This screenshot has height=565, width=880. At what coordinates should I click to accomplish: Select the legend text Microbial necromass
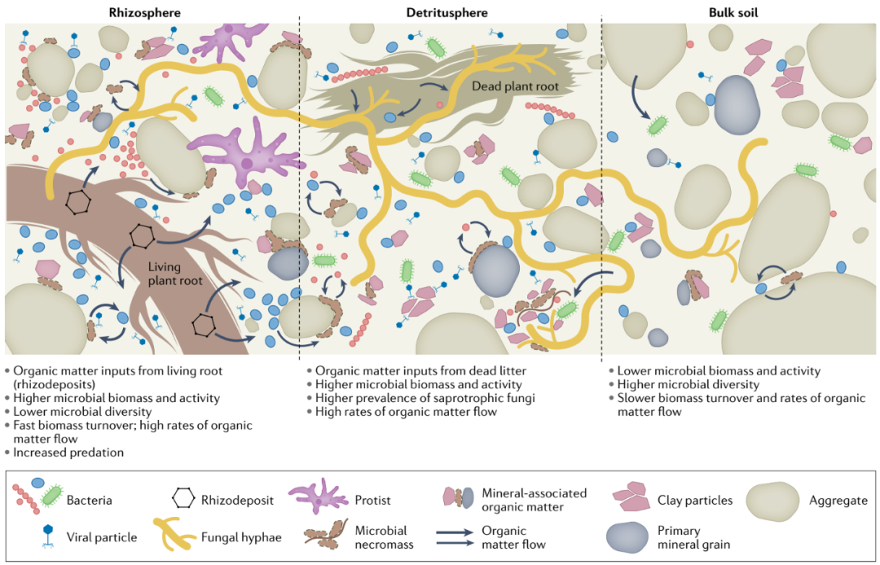(381, 537)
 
